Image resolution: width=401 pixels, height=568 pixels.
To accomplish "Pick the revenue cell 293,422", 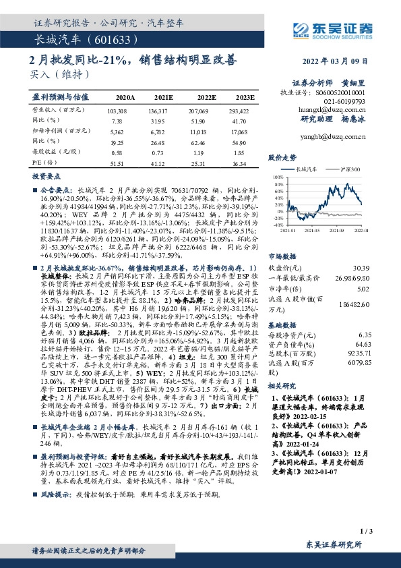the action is click(x=243, y=109).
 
